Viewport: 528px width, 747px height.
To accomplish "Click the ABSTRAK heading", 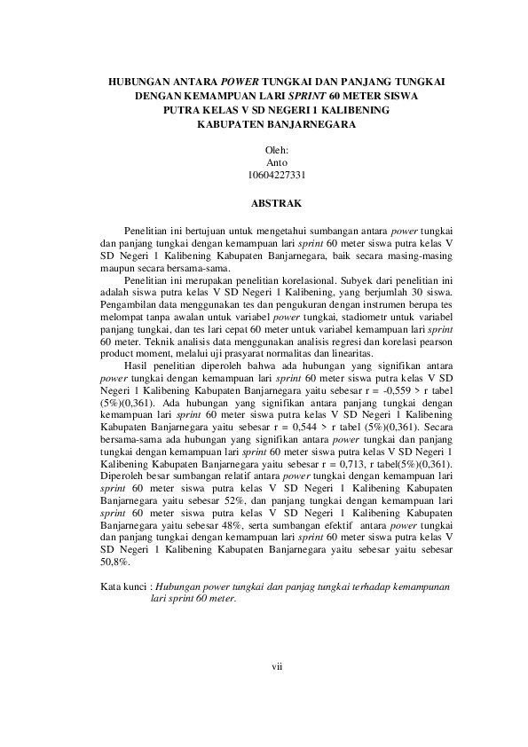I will [x=277, y=203].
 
